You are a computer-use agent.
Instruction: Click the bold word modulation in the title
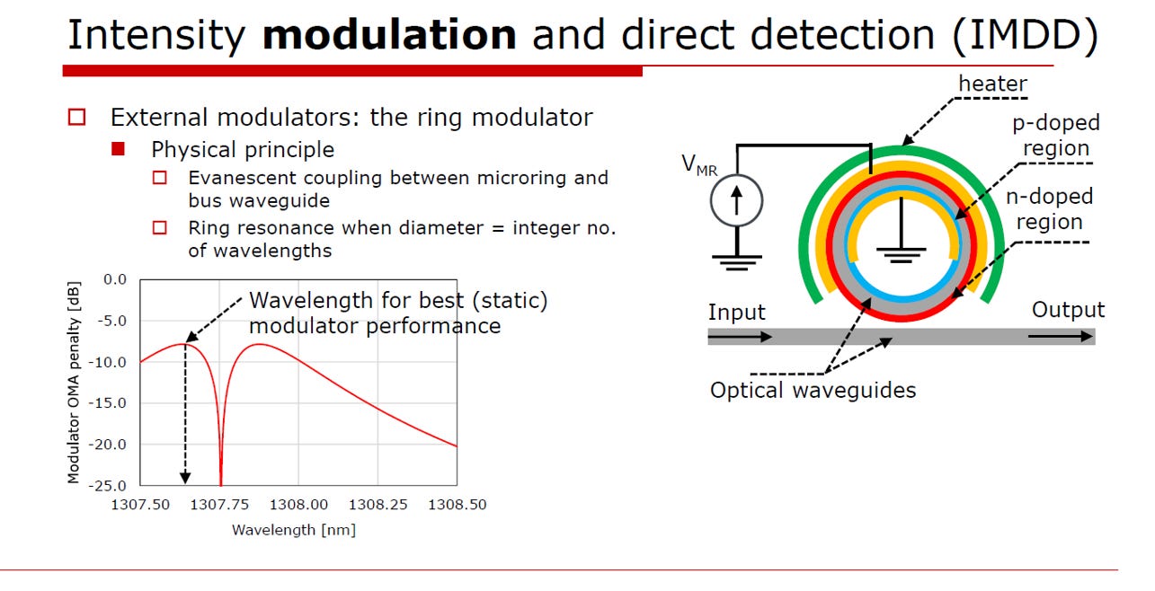click(x=389, y=34)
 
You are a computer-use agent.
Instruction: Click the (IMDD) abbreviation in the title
click(x=1026, y=36)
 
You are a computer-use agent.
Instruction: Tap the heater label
click(x=992, y=84)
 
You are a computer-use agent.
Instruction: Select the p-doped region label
click(x=1056, y=135)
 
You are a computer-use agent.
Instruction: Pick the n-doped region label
click(x=1049, y=208)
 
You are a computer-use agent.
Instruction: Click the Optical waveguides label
click(x=813, y=390)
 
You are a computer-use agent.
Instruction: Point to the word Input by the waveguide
click(x=736, y=313)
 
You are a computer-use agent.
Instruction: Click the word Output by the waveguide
click(x=1068, y=310)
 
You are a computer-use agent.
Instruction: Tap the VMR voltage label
click(x=699, y=165)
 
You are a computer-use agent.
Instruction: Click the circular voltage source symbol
click(x=736, y=200)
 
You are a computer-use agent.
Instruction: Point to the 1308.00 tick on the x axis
click(x=298, y=505)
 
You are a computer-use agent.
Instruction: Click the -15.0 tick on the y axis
click(x=107, y=403)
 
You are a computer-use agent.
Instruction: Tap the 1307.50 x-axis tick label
click(x=140, y=505)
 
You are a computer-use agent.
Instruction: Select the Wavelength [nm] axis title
click(x=294, y=530)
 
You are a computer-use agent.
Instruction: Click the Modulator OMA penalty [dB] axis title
click(x=74, y=383)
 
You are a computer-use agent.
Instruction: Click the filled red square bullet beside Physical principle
click(x=118, y=149)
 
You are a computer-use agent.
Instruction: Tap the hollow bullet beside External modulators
click(x=76, y=117)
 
